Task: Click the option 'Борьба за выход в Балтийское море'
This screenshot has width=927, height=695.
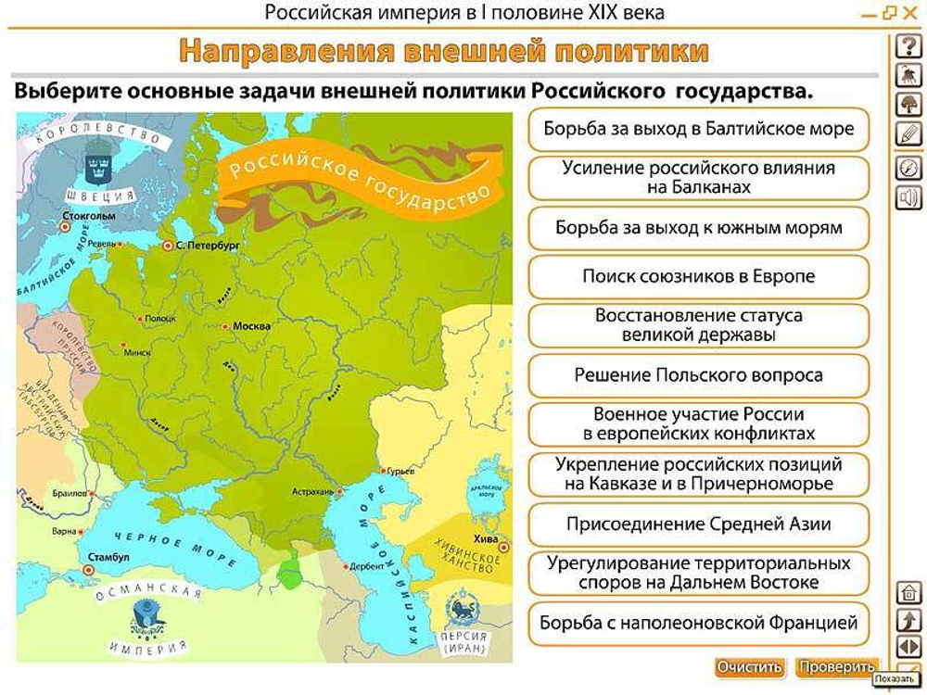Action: click(698, 129)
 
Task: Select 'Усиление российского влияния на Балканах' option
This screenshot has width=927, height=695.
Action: click(698, 178)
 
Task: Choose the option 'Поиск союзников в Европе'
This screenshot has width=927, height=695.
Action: click(698, 276)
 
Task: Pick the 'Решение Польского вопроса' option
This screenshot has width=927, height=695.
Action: click(698, 375)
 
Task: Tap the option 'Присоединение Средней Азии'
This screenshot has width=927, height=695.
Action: click(698, 524)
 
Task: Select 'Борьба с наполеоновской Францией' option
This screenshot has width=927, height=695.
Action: click(698, 623)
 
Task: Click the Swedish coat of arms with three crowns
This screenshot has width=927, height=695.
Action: click(96, 164)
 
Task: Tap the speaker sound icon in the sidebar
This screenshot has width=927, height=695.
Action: click(908, 196)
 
